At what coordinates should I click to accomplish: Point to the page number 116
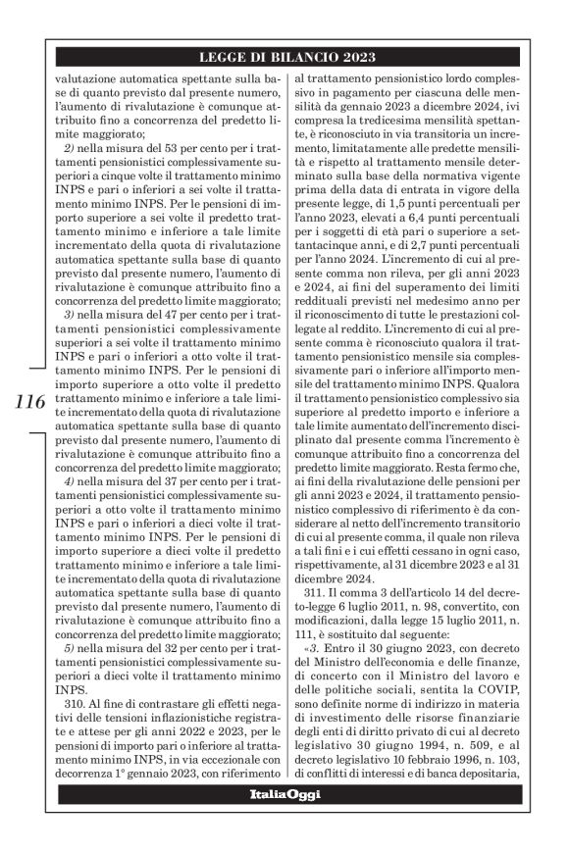pyautogui.click(x=30, y=401)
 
